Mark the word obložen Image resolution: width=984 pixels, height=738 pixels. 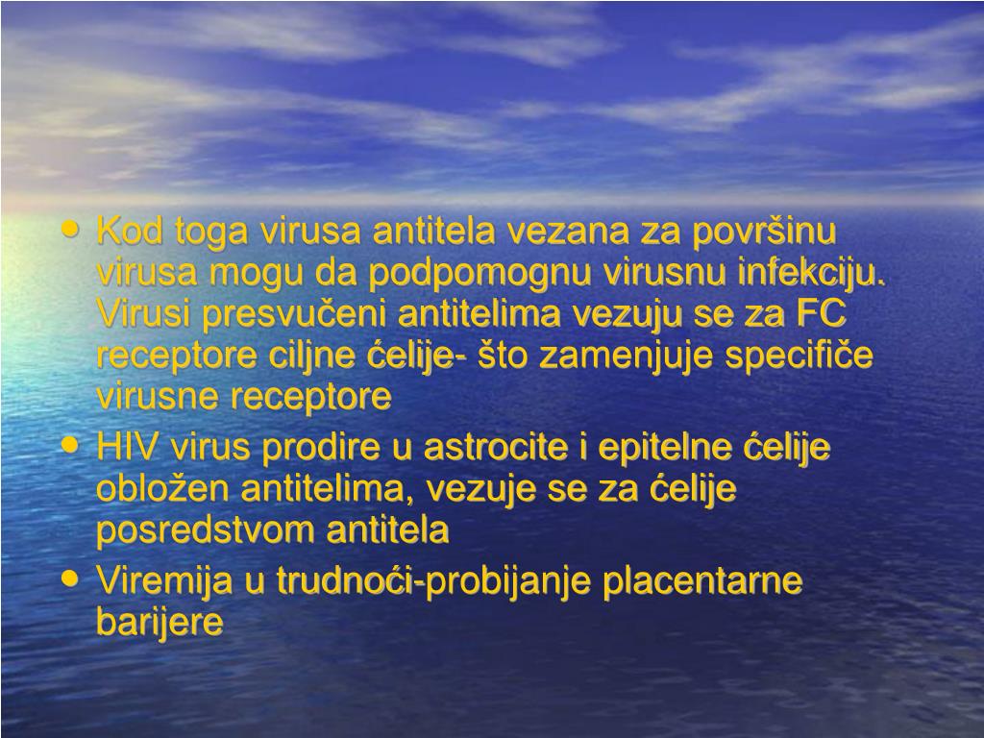pos(163,488)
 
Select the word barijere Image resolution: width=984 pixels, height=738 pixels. pos(160,623)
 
